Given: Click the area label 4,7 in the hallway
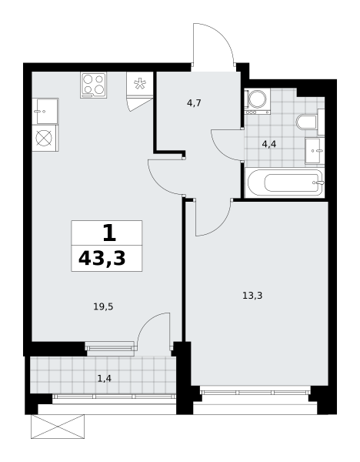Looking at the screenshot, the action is (194, 103).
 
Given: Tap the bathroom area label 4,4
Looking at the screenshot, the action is (269, 145).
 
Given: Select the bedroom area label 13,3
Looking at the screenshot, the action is (252, 295).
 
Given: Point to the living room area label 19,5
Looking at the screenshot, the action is (103, 307).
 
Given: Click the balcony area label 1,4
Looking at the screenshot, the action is (105, 378).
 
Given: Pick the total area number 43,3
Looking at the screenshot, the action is (102, 259).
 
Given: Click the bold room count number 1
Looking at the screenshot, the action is (109, 233).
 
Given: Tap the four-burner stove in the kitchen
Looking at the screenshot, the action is (93, 85).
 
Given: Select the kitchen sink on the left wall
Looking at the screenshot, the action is (45, 112).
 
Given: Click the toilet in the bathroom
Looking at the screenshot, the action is (306, 122).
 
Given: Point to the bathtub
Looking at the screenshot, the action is (285, 182).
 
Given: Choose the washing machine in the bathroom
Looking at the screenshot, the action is (257, 101).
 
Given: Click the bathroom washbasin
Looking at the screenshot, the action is (315, 150).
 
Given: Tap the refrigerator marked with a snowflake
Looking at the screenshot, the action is (139, 84).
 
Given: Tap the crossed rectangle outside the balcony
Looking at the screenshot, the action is (58, 427).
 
